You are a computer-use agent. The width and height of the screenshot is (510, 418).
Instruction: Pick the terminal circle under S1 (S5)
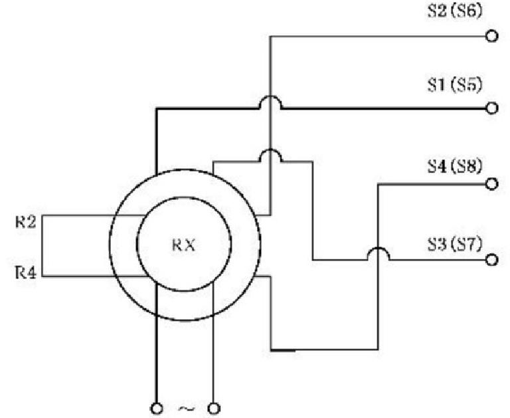tap(492, 108)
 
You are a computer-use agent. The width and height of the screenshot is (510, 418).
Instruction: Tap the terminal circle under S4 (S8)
tap(492, 184)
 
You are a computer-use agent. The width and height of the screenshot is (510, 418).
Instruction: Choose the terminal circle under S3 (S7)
tap(492, 260)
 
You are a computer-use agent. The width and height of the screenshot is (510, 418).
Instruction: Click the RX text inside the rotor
tap(184, 245)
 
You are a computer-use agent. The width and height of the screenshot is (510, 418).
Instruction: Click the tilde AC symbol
tap(184, 408)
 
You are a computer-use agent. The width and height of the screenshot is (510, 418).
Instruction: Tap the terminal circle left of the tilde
tap(157, 407)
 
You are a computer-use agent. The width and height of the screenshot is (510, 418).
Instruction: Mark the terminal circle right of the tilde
tap(214, 407)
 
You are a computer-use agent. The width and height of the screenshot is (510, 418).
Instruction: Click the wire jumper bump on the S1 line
tap(270, 100)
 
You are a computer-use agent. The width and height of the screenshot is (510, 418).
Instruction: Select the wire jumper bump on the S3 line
tap(377, 253)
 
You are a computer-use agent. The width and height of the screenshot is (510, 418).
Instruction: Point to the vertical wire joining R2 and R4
tap(41, 246)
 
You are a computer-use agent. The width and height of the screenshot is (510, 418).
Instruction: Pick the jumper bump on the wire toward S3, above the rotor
tap(270, 154)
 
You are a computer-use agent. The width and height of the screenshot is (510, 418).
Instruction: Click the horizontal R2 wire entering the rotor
tap(93, 215)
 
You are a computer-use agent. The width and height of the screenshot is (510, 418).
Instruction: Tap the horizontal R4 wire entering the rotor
tap(93, 276)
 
